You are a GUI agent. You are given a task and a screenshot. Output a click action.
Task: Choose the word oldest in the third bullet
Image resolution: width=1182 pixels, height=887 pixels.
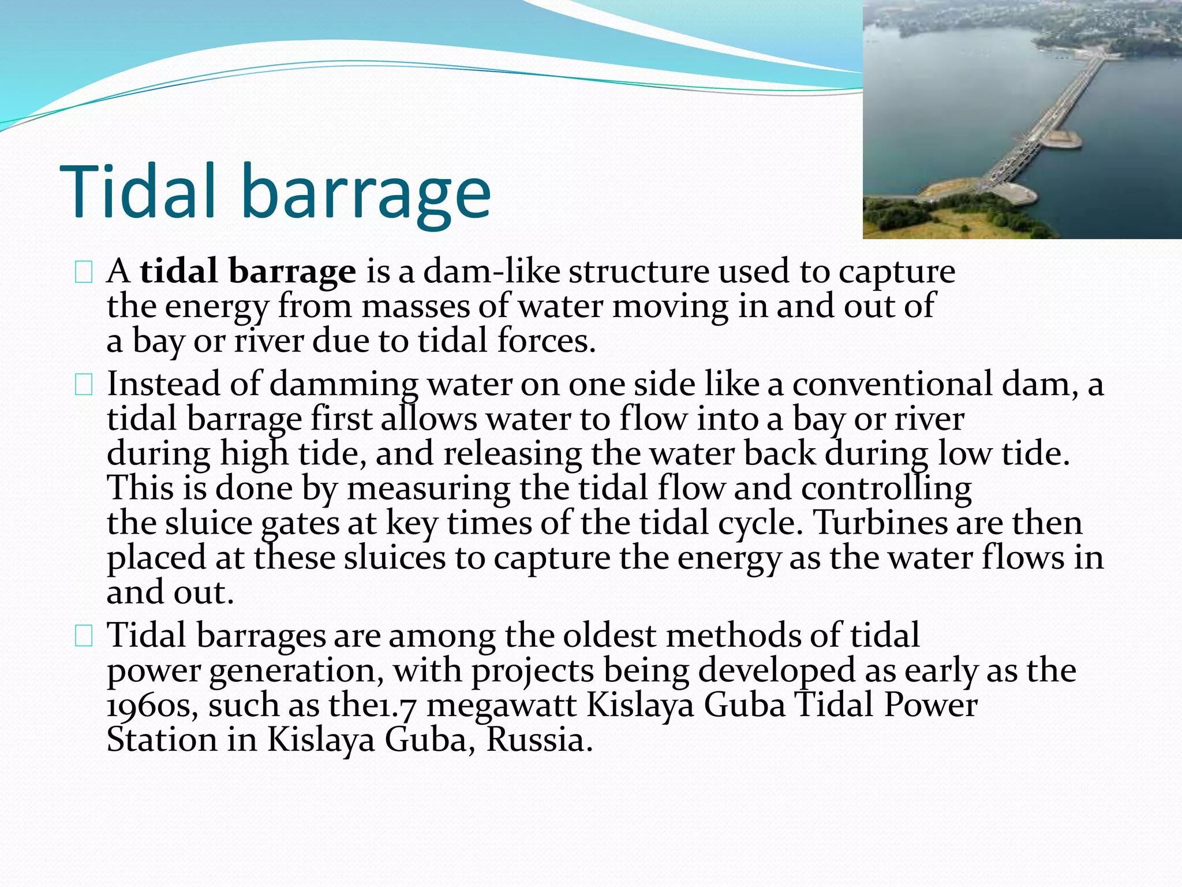click(609, 636)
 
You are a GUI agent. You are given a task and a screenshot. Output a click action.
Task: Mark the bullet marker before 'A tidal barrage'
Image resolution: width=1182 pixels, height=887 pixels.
click(84, 273)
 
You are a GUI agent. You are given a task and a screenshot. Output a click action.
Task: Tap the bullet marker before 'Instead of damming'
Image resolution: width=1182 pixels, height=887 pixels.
click(84, 385)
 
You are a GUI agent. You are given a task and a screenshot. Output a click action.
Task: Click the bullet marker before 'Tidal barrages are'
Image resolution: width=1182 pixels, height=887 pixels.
click(84, 636)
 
